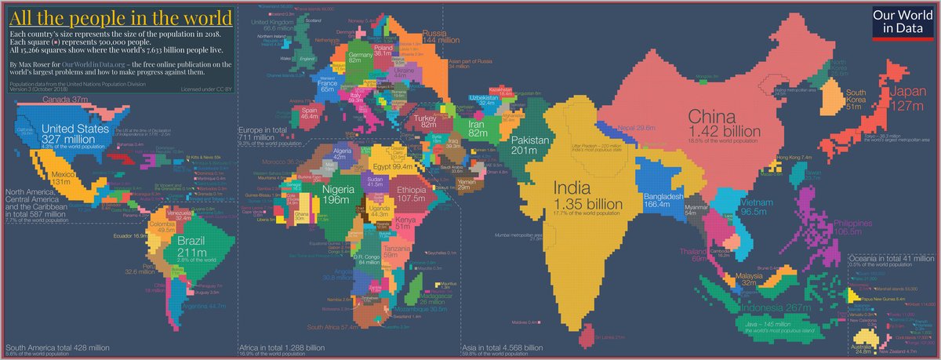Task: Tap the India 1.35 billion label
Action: pyautogui.click(x=587, y=195)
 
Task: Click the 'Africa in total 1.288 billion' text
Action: pyautogui.click(x=282, y=347)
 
